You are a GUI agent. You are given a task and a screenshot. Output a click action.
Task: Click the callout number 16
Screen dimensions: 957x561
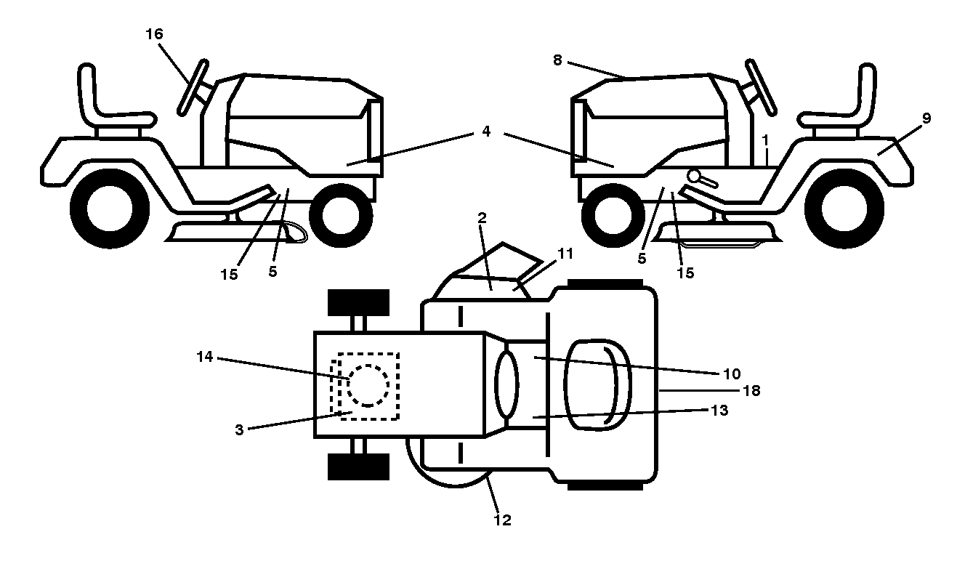[x=154, y=33]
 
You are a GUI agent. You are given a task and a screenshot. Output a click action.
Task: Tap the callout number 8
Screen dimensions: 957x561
[x=557, y=60]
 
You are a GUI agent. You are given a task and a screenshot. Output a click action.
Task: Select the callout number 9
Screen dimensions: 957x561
[x=926, y=118]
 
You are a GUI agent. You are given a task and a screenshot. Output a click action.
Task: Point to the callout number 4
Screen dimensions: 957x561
[x=485, y=132]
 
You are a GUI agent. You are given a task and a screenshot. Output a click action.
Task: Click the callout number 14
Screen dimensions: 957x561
[x=205, y=356]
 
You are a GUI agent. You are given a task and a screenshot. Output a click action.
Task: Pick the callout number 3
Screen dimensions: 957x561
[x=239, y=429]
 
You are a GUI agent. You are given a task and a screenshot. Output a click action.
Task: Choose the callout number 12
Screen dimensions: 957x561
[x=502, y=520]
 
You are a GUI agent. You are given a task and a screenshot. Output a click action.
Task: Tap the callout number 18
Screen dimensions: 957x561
[x=751, y=390]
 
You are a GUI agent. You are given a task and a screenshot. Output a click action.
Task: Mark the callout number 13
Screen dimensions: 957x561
[x=719, y=410]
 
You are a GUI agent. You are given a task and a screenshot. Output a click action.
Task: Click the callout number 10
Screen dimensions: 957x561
[x=732, y=374]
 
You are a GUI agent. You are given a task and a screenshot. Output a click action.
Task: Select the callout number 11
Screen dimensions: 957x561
[x=565, y=254]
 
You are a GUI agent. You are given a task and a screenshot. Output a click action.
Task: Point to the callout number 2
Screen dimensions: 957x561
[x=482, y=218]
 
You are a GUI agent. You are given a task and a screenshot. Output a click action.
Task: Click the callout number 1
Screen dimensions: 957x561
[x=765, y=140]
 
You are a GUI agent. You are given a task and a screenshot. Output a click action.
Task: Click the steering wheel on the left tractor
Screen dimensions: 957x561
[x=193, y=88]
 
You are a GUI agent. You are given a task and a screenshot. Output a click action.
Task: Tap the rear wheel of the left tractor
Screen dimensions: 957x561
[x=110, y=209]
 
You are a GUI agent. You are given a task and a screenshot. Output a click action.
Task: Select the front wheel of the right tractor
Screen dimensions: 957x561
[x=613, y=215]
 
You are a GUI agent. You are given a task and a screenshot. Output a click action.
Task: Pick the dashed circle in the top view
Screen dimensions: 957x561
[x=368, y=385]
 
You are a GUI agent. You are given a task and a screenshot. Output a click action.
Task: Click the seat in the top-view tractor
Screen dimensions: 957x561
[x=597, y=385]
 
